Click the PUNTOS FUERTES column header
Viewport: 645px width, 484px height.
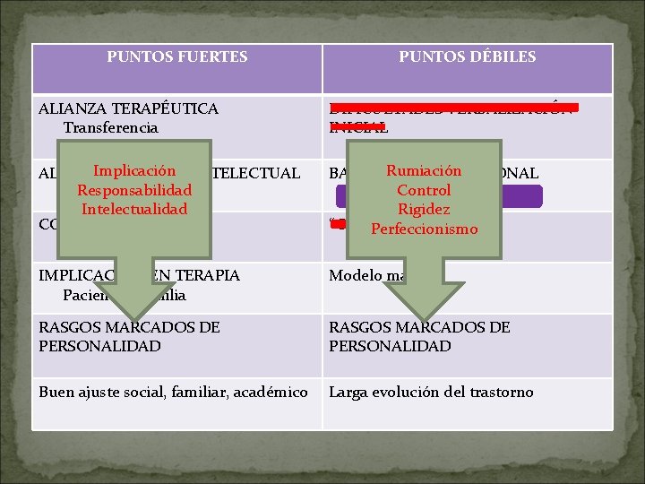pos(177,56)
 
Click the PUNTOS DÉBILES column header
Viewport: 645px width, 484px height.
pos(468,56)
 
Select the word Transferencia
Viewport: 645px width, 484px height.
pos(110,127)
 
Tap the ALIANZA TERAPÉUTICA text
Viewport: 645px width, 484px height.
pos(128,108)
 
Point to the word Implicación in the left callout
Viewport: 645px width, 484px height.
pos(134,170)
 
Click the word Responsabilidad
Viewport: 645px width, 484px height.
pos(134,190)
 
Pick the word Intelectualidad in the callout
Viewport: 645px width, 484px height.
pos(134,209)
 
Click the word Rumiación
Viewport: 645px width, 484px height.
pos(424,170)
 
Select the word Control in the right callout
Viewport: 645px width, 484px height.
pos(424,190)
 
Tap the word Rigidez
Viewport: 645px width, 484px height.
pos(424,209)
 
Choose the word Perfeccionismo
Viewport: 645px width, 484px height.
pos(424,229)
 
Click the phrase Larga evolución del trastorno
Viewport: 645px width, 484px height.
pos(431,392)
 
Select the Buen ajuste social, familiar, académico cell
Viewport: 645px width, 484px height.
pos(173,392)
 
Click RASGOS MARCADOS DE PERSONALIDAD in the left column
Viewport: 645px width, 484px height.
pos(129,336)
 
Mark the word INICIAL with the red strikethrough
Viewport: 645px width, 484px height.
pos(358,128)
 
